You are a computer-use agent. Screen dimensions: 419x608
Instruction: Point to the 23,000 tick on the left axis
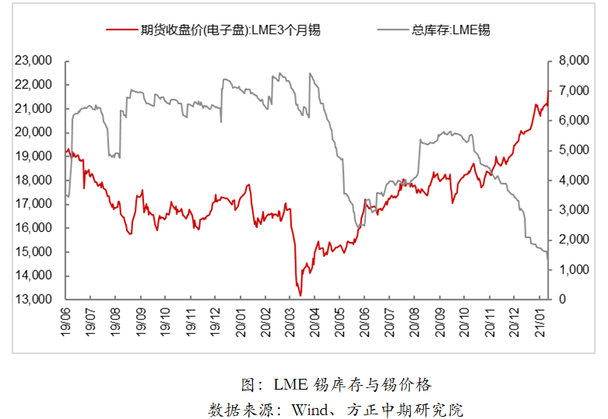coord(34,60)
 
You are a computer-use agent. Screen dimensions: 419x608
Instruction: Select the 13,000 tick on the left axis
coord(34,299)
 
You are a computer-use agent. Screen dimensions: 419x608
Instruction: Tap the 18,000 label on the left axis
coord(34,180)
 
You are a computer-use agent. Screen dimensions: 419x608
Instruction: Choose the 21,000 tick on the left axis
coord(34,108)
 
